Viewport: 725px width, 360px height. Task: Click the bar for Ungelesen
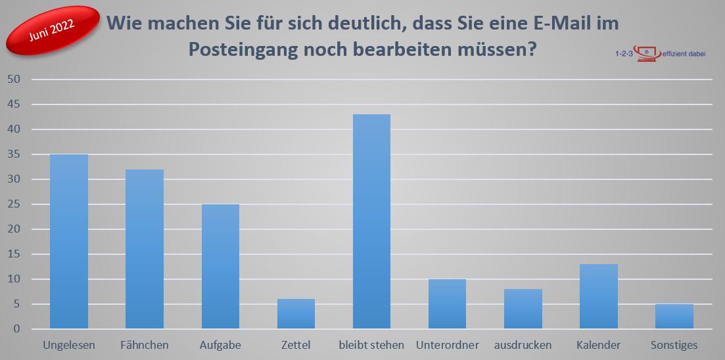(x=69, y=242)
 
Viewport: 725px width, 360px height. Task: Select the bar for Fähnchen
(x=145, y=250)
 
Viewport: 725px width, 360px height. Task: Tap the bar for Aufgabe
(x=220, y=267)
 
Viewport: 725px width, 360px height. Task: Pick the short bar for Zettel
(x=296, y=314)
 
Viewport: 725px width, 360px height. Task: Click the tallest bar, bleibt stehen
(x=371, y=222)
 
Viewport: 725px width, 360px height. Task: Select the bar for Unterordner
(x=447, y=304)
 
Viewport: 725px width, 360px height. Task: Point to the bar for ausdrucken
(x=523, y=309)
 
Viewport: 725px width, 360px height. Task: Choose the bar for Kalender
(x=598, y=297)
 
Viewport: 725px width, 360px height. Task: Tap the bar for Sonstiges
(x=674, y=317)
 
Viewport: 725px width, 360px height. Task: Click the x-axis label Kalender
(x=598, y=345)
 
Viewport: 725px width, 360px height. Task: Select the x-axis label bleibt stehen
(x=371, y=345)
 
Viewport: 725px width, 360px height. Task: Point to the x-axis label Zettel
(x=296, y=345)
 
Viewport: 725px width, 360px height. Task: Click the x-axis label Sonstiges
(x=674, y=345)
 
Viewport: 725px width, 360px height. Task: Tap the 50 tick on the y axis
(x=14, y=79)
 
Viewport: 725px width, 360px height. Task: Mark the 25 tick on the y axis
(x=14, y=204)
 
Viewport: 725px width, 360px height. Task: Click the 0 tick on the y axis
(x=18, y=329)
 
